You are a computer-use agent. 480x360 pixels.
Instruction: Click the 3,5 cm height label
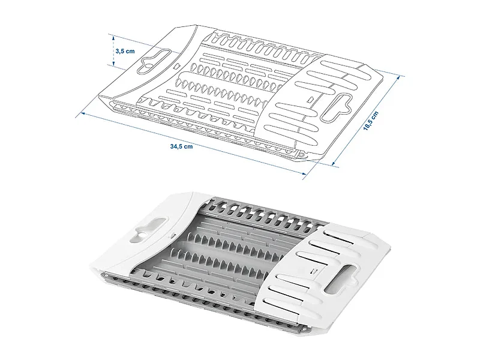(x=125, y=51)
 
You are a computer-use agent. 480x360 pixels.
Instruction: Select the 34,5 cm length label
(x=182, y=146)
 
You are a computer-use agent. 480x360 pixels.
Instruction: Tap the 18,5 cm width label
(x=371, y=121)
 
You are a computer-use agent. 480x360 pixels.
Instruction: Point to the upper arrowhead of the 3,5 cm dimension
(x=113, y=38)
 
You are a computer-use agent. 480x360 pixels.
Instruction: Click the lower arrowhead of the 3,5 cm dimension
(x=113, y=64)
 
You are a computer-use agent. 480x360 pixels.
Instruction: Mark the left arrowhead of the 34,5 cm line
(x=82, y=113)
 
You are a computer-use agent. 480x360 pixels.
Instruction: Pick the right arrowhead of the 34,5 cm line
(x=304, y=174)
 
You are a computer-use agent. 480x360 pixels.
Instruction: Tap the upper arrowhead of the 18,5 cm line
(x=398, y=79)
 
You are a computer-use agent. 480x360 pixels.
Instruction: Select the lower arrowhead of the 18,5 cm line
(x=334, y=163)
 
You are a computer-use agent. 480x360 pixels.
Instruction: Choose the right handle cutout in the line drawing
(x=336, y=107)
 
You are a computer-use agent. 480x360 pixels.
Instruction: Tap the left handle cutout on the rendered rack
(x=149, y=229)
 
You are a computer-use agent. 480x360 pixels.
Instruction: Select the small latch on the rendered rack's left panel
(x=172, y=236)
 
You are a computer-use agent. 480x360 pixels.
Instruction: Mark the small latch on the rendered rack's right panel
(x=314, y=271)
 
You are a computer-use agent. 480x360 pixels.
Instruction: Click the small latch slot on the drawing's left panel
(x=176, y=66)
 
